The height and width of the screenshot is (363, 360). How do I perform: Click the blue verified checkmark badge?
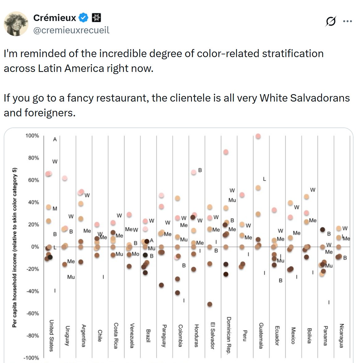[x=83, y=18]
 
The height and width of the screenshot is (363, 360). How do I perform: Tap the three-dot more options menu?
[x=348, y=21]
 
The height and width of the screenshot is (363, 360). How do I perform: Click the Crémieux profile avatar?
[x=16, y=24]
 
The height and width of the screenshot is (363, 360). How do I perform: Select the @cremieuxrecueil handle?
[x=71, y=30]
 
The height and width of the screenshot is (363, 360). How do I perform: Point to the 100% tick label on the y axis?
[x=32, y=136]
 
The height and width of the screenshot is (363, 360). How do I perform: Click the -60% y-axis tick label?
[x=32, y=314]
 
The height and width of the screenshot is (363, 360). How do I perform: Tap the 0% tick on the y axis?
[x=35, y=247]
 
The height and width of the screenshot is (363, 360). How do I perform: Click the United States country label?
[x=52, y=336]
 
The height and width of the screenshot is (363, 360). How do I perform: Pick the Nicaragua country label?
[x=341, y=336]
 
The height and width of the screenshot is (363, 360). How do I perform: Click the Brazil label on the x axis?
[x=148, y=336]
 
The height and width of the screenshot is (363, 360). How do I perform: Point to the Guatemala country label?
[x=261, y=336]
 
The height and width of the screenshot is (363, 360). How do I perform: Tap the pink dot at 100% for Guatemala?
[x=258, y=136]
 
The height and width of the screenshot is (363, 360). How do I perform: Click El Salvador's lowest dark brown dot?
[x=210, y=304]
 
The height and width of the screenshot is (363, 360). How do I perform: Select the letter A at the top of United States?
[x=55, y=140]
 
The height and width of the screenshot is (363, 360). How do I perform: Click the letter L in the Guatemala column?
[x=264, y=179]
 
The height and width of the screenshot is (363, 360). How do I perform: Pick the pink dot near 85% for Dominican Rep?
[x=226, y=152]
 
